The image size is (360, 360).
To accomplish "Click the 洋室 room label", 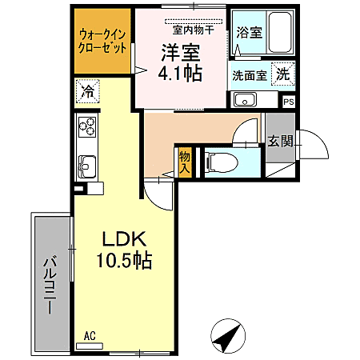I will (x=181, y=52).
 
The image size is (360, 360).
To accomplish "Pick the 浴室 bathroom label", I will (x=250, y=33).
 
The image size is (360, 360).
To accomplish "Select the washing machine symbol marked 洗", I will (x=284, y=74).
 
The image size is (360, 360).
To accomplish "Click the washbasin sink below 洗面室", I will (x=244, y=101).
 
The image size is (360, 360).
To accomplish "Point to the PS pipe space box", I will (x=289, y=102).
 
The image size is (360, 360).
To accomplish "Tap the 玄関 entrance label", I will (x=280, y=141).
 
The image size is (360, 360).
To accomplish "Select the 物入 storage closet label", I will (x=185, y=162).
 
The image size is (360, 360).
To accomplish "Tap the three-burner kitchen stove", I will (x=87, y=127).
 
